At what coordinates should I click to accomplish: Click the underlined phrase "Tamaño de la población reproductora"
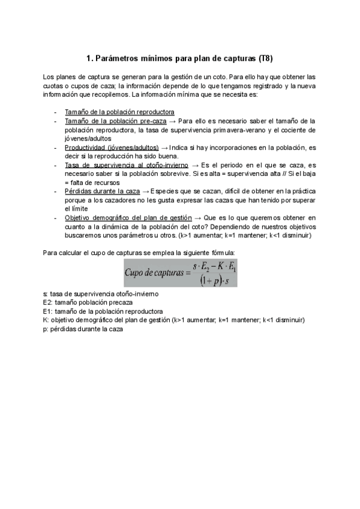(x=119, y=112)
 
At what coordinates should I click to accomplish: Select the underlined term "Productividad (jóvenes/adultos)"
(x=112, y=147)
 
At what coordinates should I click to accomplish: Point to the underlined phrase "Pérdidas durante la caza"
(x=102, y=191)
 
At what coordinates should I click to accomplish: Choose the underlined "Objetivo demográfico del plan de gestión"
(x=128, y=217)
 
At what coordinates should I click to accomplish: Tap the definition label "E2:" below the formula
(x=49, y=286)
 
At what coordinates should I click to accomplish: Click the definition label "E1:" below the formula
(x=49, y=295)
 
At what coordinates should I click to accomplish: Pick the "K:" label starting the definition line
(x=46, y=304)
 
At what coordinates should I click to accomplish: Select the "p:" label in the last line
(x=46, y=312)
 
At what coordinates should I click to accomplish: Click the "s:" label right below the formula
(x=46, y=278)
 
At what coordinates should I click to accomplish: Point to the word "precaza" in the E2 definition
(x=112, y=286)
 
